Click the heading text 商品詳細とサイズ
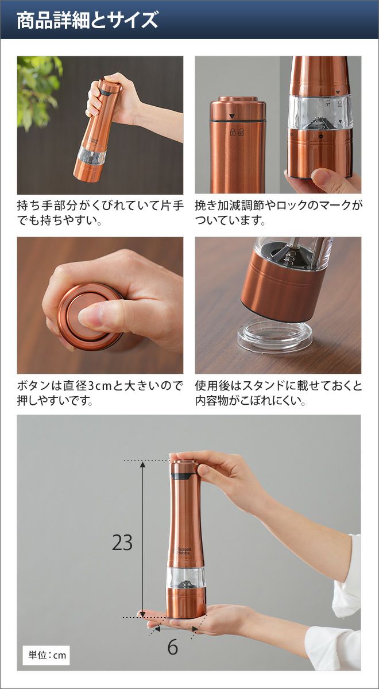click(87, 20)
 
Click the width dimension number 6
click(173, 638)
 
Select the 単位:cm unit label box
click(47, 655)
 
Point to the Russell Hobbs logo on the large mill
click(184, 551)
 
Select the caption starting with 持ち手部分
click(100, 213)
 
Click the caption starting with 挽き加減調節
click(278, 213)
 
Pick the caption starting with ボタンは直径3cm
click(100, 393)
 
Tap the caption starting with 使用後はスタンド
click(278, 393)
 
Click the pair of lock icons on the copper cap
click(237, 132)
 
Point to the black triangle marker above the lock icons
click(232, 116)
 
